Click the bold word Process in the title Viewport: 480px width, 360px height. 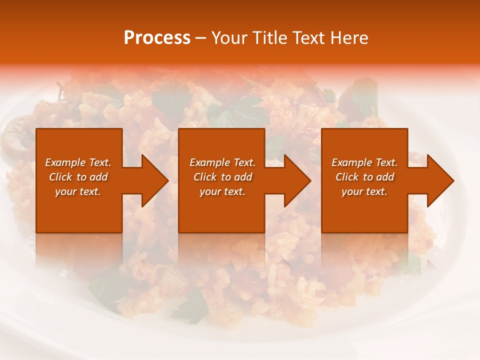157,38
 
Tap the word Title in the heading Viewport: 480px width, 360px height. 269,38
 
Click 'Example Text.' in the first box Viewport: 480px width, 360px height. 78,162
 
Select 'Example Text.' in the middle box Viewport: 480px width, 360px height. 222,162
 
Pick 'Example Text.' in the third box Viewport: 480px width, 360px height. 364,162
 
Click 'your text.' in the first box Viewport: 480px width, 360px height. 78,191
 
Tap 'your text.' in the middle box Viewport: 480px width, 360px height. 222,191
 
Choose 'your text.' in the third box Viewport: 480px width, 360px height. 364,191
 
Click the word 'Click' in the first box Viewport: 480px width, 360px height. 60,177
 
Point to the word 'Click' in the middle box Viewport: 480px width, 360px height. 205,177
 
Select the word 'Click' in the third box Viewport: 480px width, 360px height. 347,177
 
